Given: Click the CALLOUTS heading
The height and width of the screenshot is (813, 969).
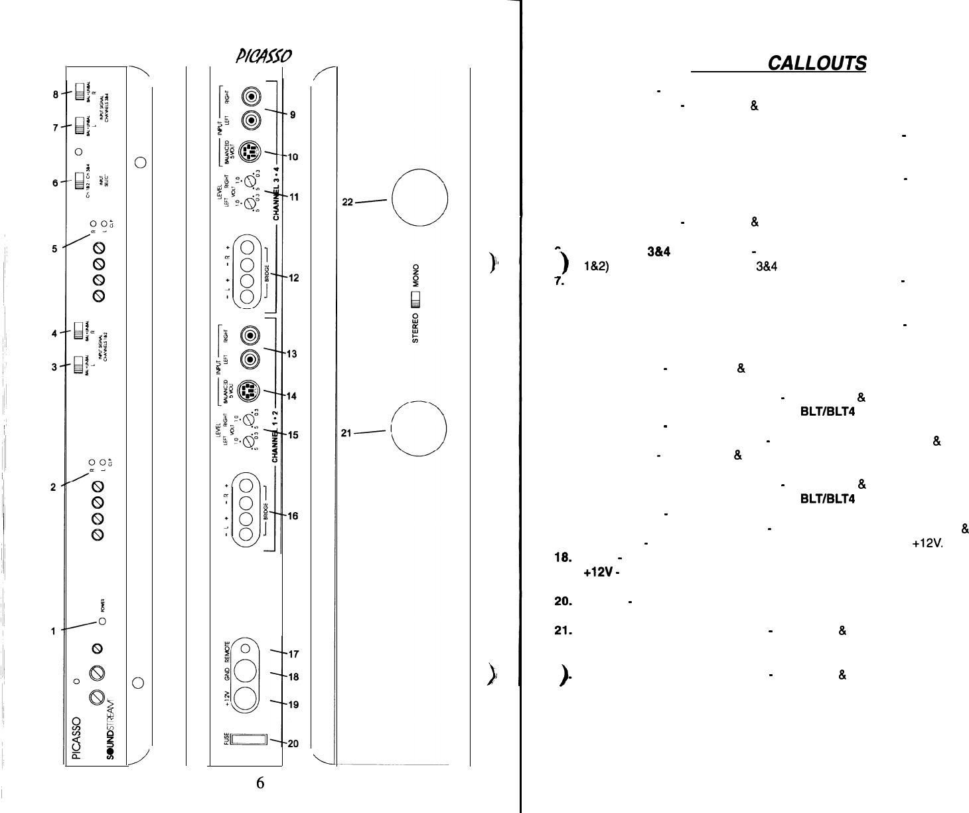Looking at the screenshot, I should point(816,63).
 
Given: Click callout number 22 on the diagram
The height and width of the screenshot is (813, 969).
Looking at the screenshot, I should point(348,202).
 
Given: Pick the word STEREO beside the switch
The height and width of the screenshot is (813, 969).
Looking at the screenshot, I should point(416,329).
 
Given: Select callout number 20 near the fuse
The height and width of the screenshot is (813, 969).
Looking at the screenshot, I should point(293,744).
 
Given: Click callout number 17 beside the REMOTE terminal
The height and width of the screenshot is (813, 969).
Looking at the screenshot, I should point(293,654).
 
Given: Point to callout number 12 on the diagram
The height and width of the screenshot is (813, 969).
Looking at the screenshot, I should point(293,278).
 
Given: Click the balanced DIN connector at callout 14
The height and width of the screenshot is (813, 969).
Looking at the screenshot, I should point(247,388).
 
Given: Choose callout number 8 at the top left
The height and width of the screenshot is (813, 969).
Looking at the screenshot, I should point(58,94).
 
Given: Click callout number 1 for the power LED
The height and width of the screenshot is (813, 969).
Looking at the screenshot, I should point(53,631).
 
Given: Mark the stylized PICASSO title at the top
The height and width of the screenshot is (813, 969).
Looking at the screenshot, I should point(250,57).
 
